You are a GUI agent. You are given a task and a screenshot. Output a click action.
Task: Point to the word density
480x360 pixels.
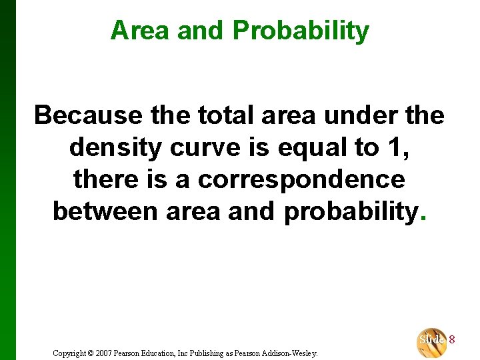point(115,148)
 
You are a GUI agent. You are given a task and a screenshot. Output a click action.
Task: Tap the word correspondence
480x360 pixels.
point(301,180)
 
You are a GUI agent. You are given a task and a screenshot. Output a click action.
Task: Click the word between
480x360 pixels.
point(105,212)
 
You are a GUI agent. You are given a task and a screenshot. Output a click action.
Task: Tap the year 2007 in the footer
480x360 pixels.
point(113,352)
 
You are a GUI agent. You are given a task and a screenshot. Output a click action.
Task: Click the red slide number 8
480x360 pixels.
point(452,339)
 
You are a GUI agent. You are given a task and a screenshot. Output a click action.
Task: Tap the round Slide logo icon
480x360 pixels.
point(431,341)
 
